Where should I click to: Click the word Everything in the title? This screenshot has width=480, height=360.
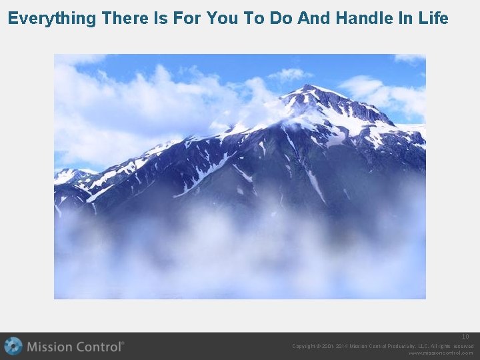click(52, 18)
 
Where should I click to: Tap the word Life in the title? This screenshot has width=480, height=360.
click(433, 18)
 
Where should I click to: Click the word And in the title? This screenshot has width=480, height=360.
click(313, 18)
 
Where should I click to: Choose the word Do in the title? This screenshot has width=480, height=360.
click(280, 18)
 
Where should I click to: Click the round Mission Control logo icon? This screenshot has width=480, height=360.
click(13, 347)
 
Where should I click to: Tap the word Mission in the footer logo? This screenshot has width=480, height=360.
click(49, 347)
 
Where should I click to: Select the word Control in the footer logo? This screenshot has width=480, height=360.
click(98, 347)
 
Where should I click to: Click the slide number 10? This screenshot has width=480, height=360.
click(466, 337)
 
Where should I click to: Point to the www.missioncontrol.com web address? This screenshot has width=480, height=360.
click(441, 353)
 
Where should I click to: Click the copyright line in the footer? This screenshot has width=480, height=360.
click(383, 346)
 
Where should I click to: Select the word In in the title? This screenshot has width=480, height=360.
click(406, 18)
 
